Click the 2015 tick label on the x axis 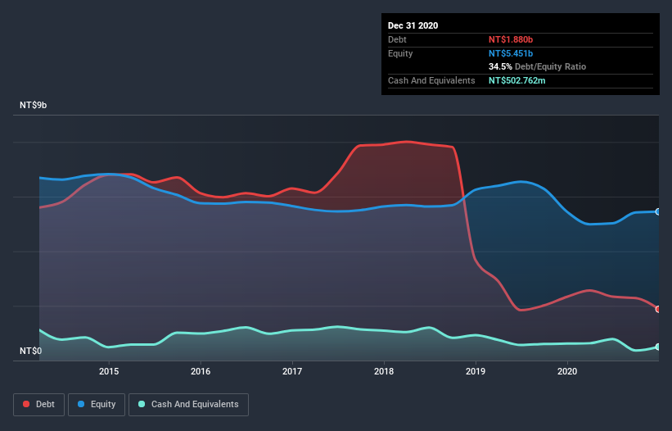coord(109,371)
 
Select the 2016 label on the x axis coord(201,371)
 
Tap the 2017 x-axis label coord(292,371)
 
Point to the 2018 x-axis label coord(384,371)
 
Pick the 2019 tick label coord(476,371)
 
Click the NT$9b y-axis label coord(33,106)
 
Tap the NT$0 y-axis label coord(31,352)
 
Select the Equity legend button coord(97,404)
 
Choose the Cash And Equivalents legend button coord(188,404)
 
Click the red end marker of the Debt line coord(657,309)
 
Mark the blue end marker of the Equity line coord(657,211)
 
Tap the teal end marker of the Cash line coord(657,347)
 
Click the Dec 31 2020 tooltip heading coord(413,25)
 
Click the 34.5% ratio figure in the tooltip coord(501,66)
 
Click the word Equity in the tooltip coord(400,53)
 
